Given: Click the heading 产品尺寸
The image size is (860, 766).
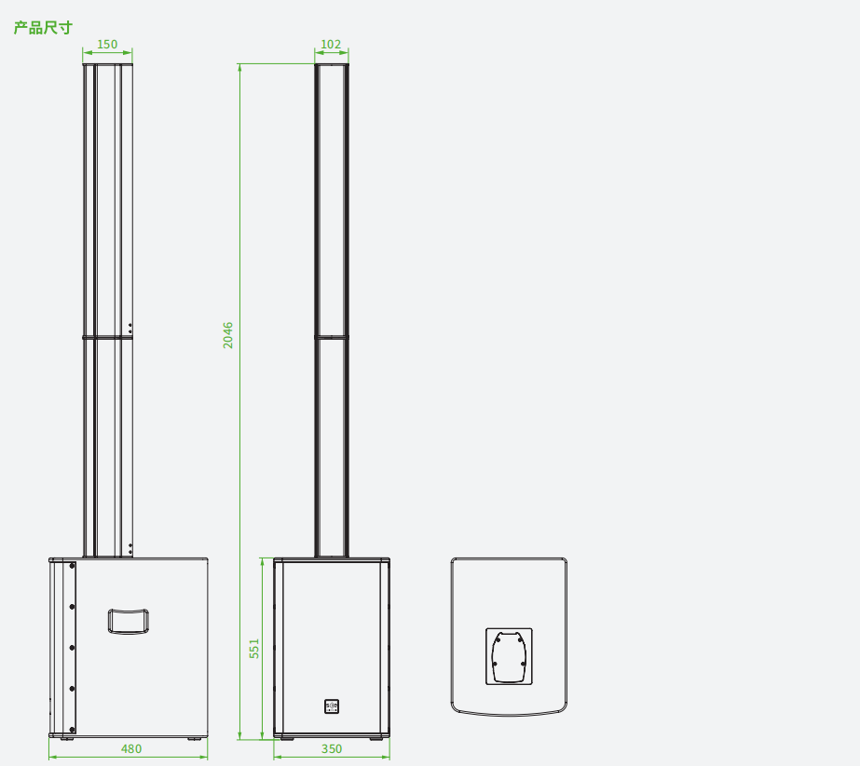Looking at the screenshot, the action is click(x=43, y=27).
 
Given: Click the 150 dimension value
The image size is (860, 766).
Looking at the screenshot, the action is click(x=107, y=45).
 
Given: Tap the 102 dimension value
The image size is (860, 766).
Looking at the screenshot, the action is click(x=331, y=45).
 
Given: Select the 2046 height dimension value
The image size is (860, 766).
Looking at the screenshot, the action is click(x=227, y=335).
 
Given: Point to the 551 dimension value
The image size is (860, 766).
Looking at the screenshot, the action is click(x=254, y=648).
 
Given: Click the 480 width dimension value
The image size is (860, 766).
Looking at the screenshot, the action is click(x=131, y=748).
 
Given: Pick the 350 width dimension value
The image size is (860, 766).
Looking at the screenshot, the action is click(x=332, y=748).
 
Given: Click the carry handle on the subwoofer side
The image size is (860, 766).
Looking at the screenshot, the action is click(x=129, y=622).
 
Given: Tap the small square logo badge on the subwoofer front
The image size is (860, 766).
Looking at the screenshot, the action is click(x=332, y=706).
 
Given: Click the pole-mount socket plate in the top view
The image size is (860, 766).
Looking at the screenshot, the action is click(x=509, y=656).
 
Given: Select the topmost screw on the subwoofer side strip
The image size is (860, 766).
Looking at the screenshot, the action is click(x=72, y=566).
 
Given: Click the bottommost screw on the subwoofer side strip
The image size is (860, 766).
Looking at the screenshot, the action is click(x=72, y=730).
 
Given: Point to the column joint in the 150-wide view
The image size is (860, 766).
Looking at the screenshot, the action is click(x=107, y=337).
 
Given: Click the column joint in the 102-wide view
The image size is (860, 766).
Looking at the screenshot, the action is click(x=332, y=337).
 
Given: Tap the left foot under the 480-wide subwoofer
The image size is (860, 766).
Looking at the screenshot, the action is click(x=67, y=739).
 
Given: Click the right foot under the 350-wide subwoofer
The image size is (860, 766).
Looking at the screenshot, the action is click(x=376, y=739).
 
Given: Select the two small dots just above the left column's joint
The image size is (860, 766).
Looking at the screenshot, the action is click(x=130, y=329).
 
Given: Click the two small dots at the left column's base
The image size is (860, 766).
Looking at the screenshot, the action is click(x=130, y=548).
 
